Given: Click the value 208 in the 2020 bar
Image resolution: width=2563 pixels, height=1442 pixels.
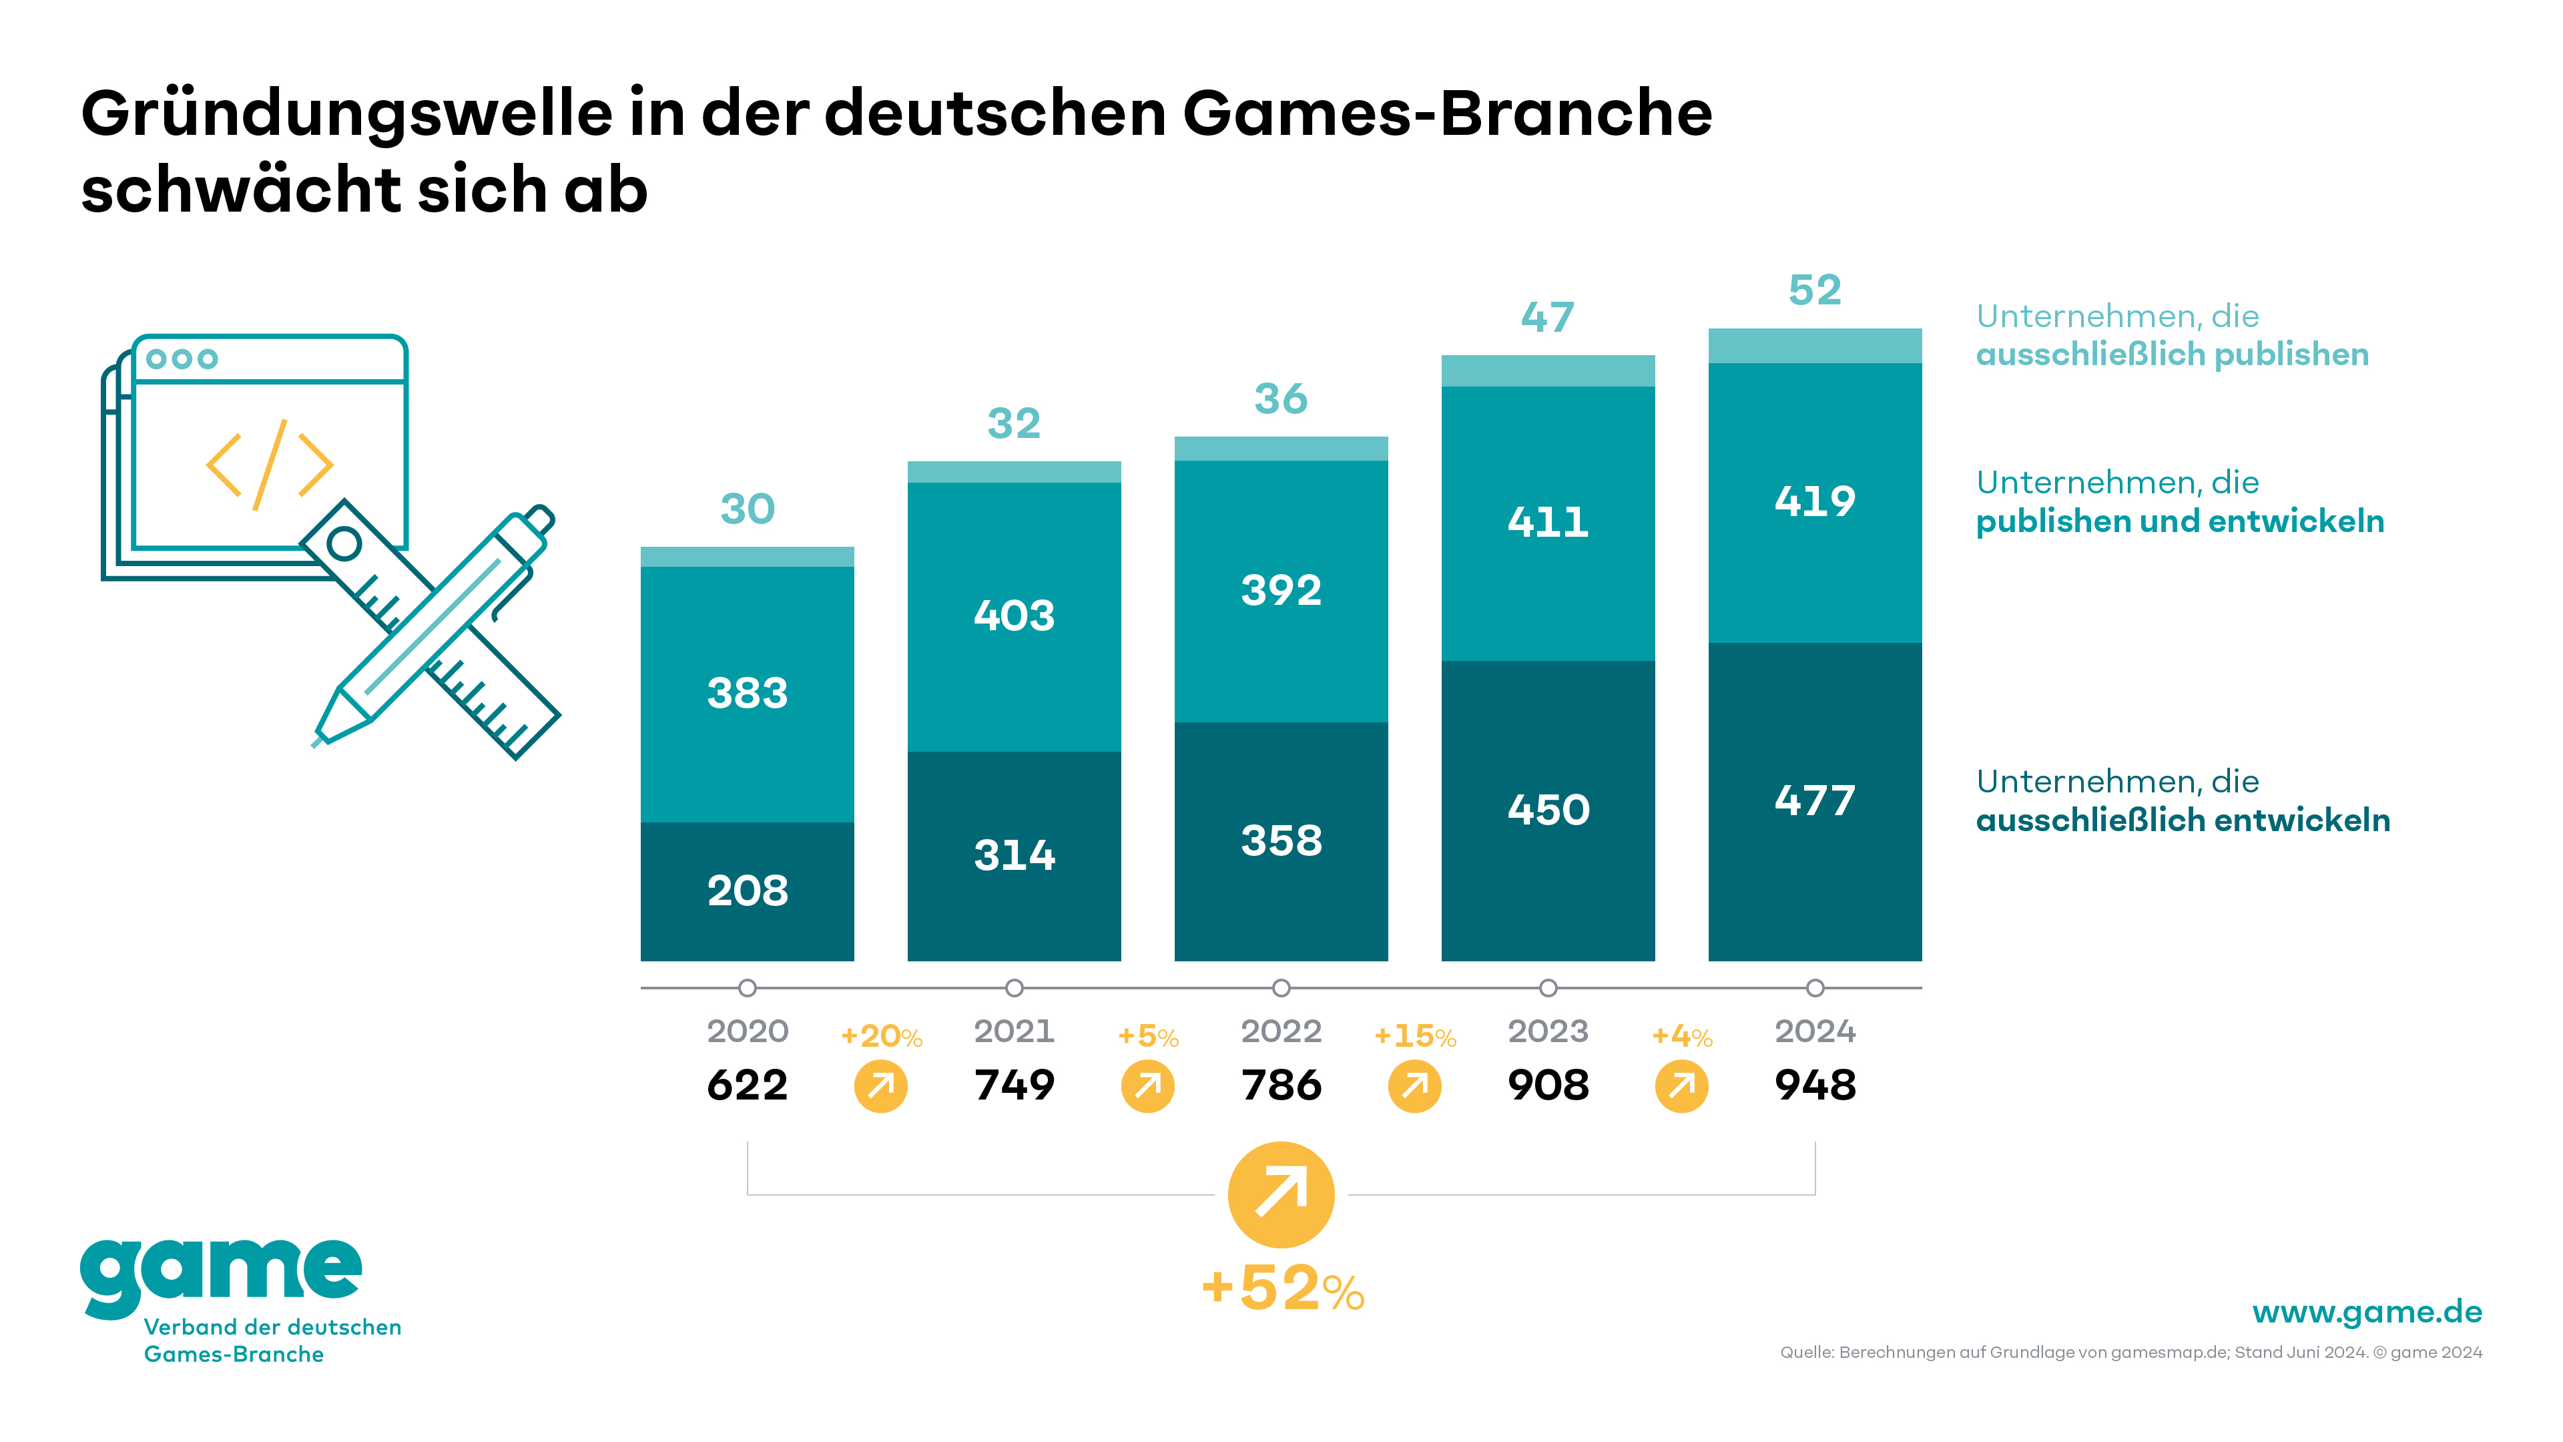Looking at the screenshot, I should (748, 891).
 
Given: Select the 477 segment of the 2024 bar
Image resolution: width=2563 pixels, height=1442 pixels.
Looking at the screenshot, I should (1815, 801).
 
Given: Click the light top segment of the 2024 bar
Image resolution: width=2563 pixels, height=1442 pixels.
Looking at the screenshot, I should (1815, 345).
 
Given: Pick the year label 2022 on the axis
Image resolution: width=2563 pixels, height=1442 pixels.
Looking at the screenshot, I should (1281, 1031).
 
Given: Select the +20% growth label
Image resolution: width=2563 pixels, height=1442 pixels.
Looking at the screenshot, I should (880, 1037).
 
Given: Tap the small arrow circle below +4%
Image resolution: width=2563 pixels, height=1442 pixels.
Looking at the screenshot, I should (1681, 1086).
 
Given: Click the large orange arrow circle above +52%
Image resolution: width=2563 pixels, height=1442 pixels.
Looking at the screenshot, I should (1281, 1194).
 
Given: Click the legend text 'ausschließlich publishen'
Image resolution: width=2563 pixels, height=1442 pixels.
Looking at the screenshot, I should (2172, 354).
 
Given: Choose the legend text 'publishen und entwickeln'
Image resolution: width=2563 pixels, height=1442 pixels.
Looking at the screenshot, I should (2179, 521).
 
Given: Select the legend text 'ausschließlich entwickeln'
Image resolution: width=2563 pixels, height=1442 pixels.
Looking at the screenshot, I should (2182, 820).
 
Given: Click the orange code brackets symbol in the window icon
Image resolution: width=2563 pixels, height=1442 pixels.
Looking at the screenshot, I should (268, 465).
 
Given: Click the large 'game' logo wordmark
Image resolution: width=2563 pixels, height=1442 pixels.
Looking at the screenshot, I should (221, 1274).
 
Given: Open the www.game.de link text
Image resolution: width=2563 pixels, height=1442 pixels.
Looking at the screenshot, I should (2366, 1312).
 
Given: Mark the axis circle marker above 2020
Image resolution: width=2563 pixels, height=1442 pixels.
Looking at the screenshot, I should (748, 988).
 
